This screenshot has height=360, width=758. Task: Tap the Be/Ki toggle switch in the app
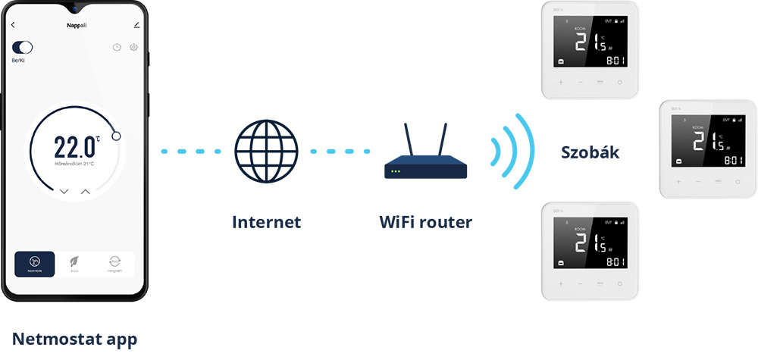pyautogui.click(x=22, y=48)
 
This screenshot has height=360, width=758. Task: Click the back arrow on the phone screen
pyautogui.click(x=13, y=25)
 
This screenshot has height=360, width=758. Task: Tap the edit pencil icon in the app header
pyautogui.click(x=136, y=25)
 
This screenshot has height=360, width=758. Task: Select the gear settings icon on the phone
pyautogui.click(x=133, y=48)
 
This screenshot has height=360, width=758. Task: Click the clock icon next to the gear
pyautogui.click(x=117, y=48)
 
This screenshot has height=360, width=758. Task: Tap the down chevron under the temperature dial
pyautogui.click(x=64, y=192)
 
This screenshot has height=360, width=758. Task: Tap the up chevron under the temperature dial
pyautogui.click(x=85, y=192)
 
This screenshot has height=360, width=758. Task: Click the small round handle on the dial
pyautogui.click(x=116, y=136)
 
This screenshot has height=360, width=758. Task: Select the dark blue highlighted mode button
pyautogui.click(x=35, y=264)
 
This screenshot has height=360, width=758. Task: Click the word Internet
pyautogui.click(x=266, y=222)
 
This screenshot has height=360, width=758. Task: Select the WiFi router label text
pyautogui.click(x=425, y=222)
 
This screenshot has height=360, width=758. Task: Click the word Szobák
pyautogui.click(x=590, y=152)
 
